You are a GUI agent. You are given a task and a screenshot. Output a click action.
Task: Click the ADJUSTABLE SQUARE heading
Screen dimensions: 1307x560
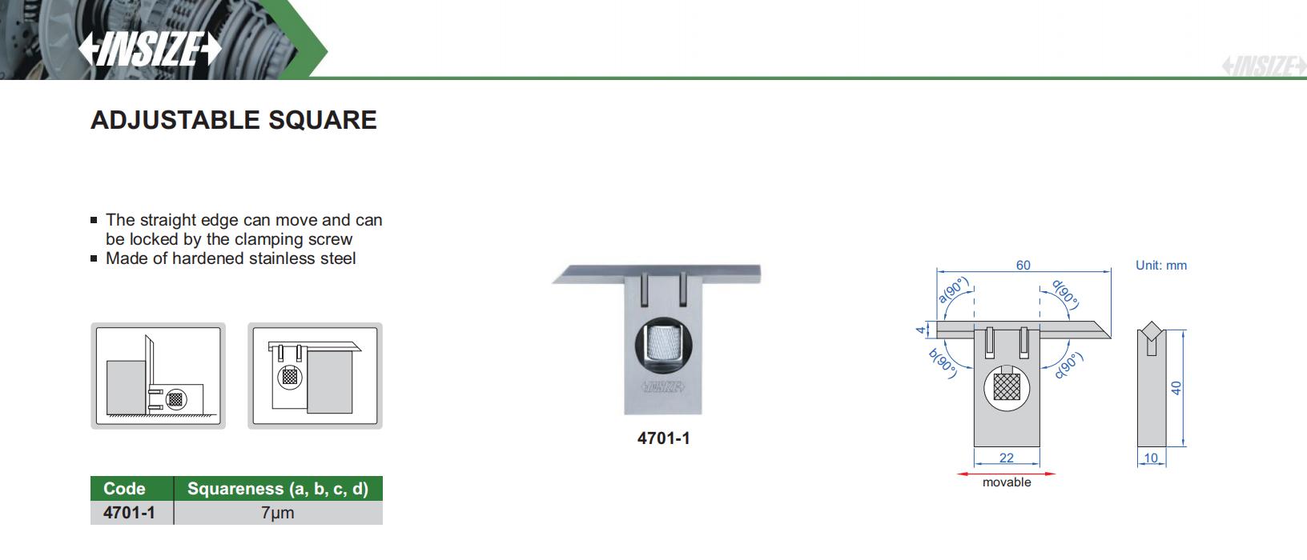(x=233, y=120)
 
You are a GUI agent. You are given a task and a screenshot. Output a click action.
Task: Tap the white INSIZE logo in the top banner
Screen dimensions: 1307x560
(x=150, y=48)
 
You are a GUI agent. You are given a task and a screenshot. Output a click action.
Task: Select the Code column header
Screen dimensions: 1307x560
(x=124, y=488)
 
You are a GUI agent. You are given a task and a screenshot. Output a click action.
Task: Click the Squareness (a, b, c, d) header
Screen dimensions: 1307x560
(x=278, y=488)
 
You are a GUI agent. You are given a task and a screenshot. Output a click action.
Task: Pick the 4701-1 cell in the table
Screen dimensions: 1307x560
(x=129, y=513)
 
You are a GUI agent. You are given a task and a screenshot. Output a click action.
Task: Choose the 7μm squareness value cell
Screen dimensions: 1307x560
(x=278, y=513)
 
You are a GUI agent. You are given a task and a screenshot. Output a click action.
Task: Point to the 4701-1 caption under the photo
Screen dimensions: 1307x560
(x=663, y=438)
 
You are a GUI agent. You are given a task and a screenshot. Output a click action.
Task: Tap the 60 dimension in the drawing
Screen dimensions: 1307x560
(x=1023, y=265)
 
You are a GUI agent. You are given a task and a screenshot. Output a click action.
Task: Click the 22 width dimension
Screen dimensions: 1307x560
(x=1007, y=458)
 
